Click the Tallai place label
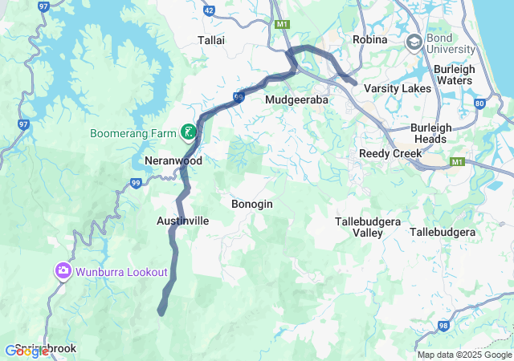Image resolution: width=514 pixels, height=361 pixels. [211, 40]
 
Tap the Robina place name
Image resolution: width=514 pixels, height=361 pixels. [370, 39]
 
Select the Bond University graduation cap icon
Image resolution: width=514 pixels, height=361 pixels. [415, 43]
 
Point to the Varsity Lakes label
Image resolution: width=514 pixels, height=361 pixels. [398, 88]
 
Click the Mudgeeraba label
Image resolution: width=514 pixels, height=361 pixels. [296, 99]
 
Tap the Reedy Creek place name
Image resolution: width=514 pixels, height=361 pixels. [390, 153]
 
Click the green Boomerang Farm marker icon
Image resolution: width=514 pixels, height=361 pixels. [189, 132]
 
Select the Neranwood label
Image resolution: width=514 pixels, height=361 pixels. [173, 160]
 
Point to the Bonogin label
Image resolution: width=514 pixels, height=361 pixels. [251, 204]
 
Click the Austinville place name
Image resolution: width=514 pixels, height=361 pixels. [182, 220]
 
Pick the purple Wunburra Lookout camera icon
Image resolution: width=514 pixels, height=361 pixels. [63, 272]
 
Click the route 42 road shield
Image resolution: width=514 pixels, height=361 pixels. [209, 10]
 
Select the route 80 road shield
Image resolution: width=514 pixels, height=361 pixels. [479, 103]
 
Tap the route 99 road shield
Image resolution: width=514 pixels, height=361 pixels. [136, 184]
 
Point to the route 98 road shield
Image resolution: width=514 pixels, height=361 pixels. [443, 326]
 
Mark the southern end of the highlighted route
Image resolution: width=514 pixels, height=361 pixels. [161, 311]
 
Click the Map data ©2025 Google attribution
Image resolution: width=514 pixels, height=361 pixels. [463, 355]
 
